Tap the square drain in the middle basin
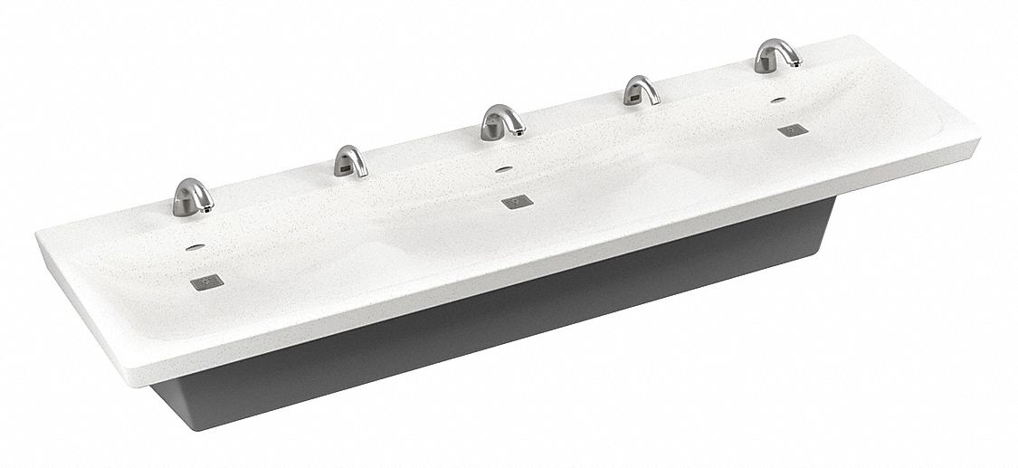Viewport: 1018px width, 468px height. point(515,201)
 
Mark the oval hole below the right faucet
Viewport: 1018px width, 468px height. point(778,99)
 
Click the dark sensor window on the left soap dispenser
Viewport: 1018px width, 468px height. point(344,166)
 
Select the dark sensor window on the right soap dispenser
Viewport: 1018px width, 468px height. point(634,92)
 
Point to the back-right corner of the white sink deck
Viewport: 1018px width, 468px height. point(855,38)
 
